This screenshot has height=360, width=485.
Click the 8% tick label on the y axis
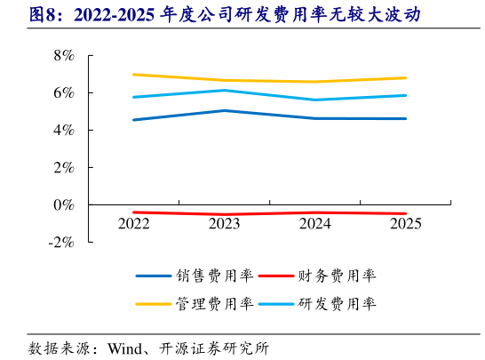click(65, 55)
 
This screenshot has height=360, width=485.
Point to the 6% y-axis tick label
click(65, 92)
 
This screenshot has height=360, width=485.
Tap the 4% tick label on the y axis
click(65, 130)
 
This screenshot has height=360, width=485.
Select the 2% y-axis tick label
click(65, 167)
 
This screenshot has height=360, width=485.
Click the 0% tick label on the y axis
click(65, 204)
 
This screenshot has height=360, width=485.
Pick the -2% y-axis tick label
click(62, 242)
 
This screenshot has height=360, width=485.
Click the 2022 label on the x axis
click(134, 224)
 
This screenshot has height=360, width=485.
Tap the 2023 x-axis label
click(225, 224)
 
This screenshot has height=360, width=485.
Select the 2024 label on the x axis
click(315, 224)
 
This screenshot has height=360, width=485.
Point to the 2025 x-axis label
click(406, 224)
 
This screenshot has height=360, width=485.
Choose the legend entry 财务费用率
click(338, 276)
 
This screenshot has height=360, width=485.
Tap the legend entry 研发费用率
click(338, 304)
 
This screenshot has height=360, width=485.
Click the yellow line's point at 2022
click(134, 75)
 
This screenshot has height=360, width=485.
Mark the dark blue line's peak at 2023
click(225, 111)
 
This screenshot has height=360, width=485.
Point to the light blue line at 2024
click(315, 100)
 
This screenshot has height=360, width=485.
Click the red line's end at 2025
click(406, 213)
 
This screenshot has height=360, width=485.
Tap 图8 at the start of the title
click(42, 15)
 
